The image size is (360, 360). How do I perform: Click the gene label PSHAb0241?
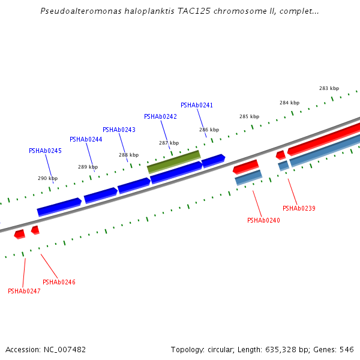pyautogui.click(x=197, y=106)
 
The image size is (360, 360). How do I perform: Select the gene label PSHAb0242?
pyautogui.click(x=160, y=117)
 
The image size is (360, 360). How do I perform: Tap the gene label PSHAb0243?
pyautogui.click(x=119, y=130)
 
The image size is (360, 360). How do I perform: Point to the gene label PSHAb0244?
pyautogui.click(x=86, y=140)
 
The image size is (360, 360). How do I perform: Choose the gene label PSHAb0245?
pyautogui.click(x=45, y=151)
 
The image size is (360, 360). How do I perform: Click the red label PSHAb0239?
pyautogui.click(x=299, y=209)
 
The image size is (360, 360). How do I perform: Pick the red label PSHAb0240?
pyautogui.click(x=263, y=221)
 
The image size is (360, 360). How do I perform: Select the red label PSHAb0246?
pyautogui.click(x=59, y=283)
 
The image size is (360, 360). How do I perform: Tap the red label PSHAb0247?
pyautogui.click(x=24, y=292)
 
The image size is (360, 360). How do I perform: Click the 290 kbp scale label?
pyautogui.click(x=48, y=178)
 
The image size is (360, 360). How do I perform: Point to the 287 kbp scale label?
pyautogui.click(x=169, y=143)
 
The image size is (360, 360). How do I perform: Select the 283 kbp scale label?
pyautogui.click(x=329, y=89)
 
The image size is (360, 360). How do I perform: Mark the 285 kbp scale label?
pyautogui.click(x=250, y=117)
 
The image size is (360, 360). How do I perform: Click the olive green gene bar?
pyautogui.click(x=174, y=161)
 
